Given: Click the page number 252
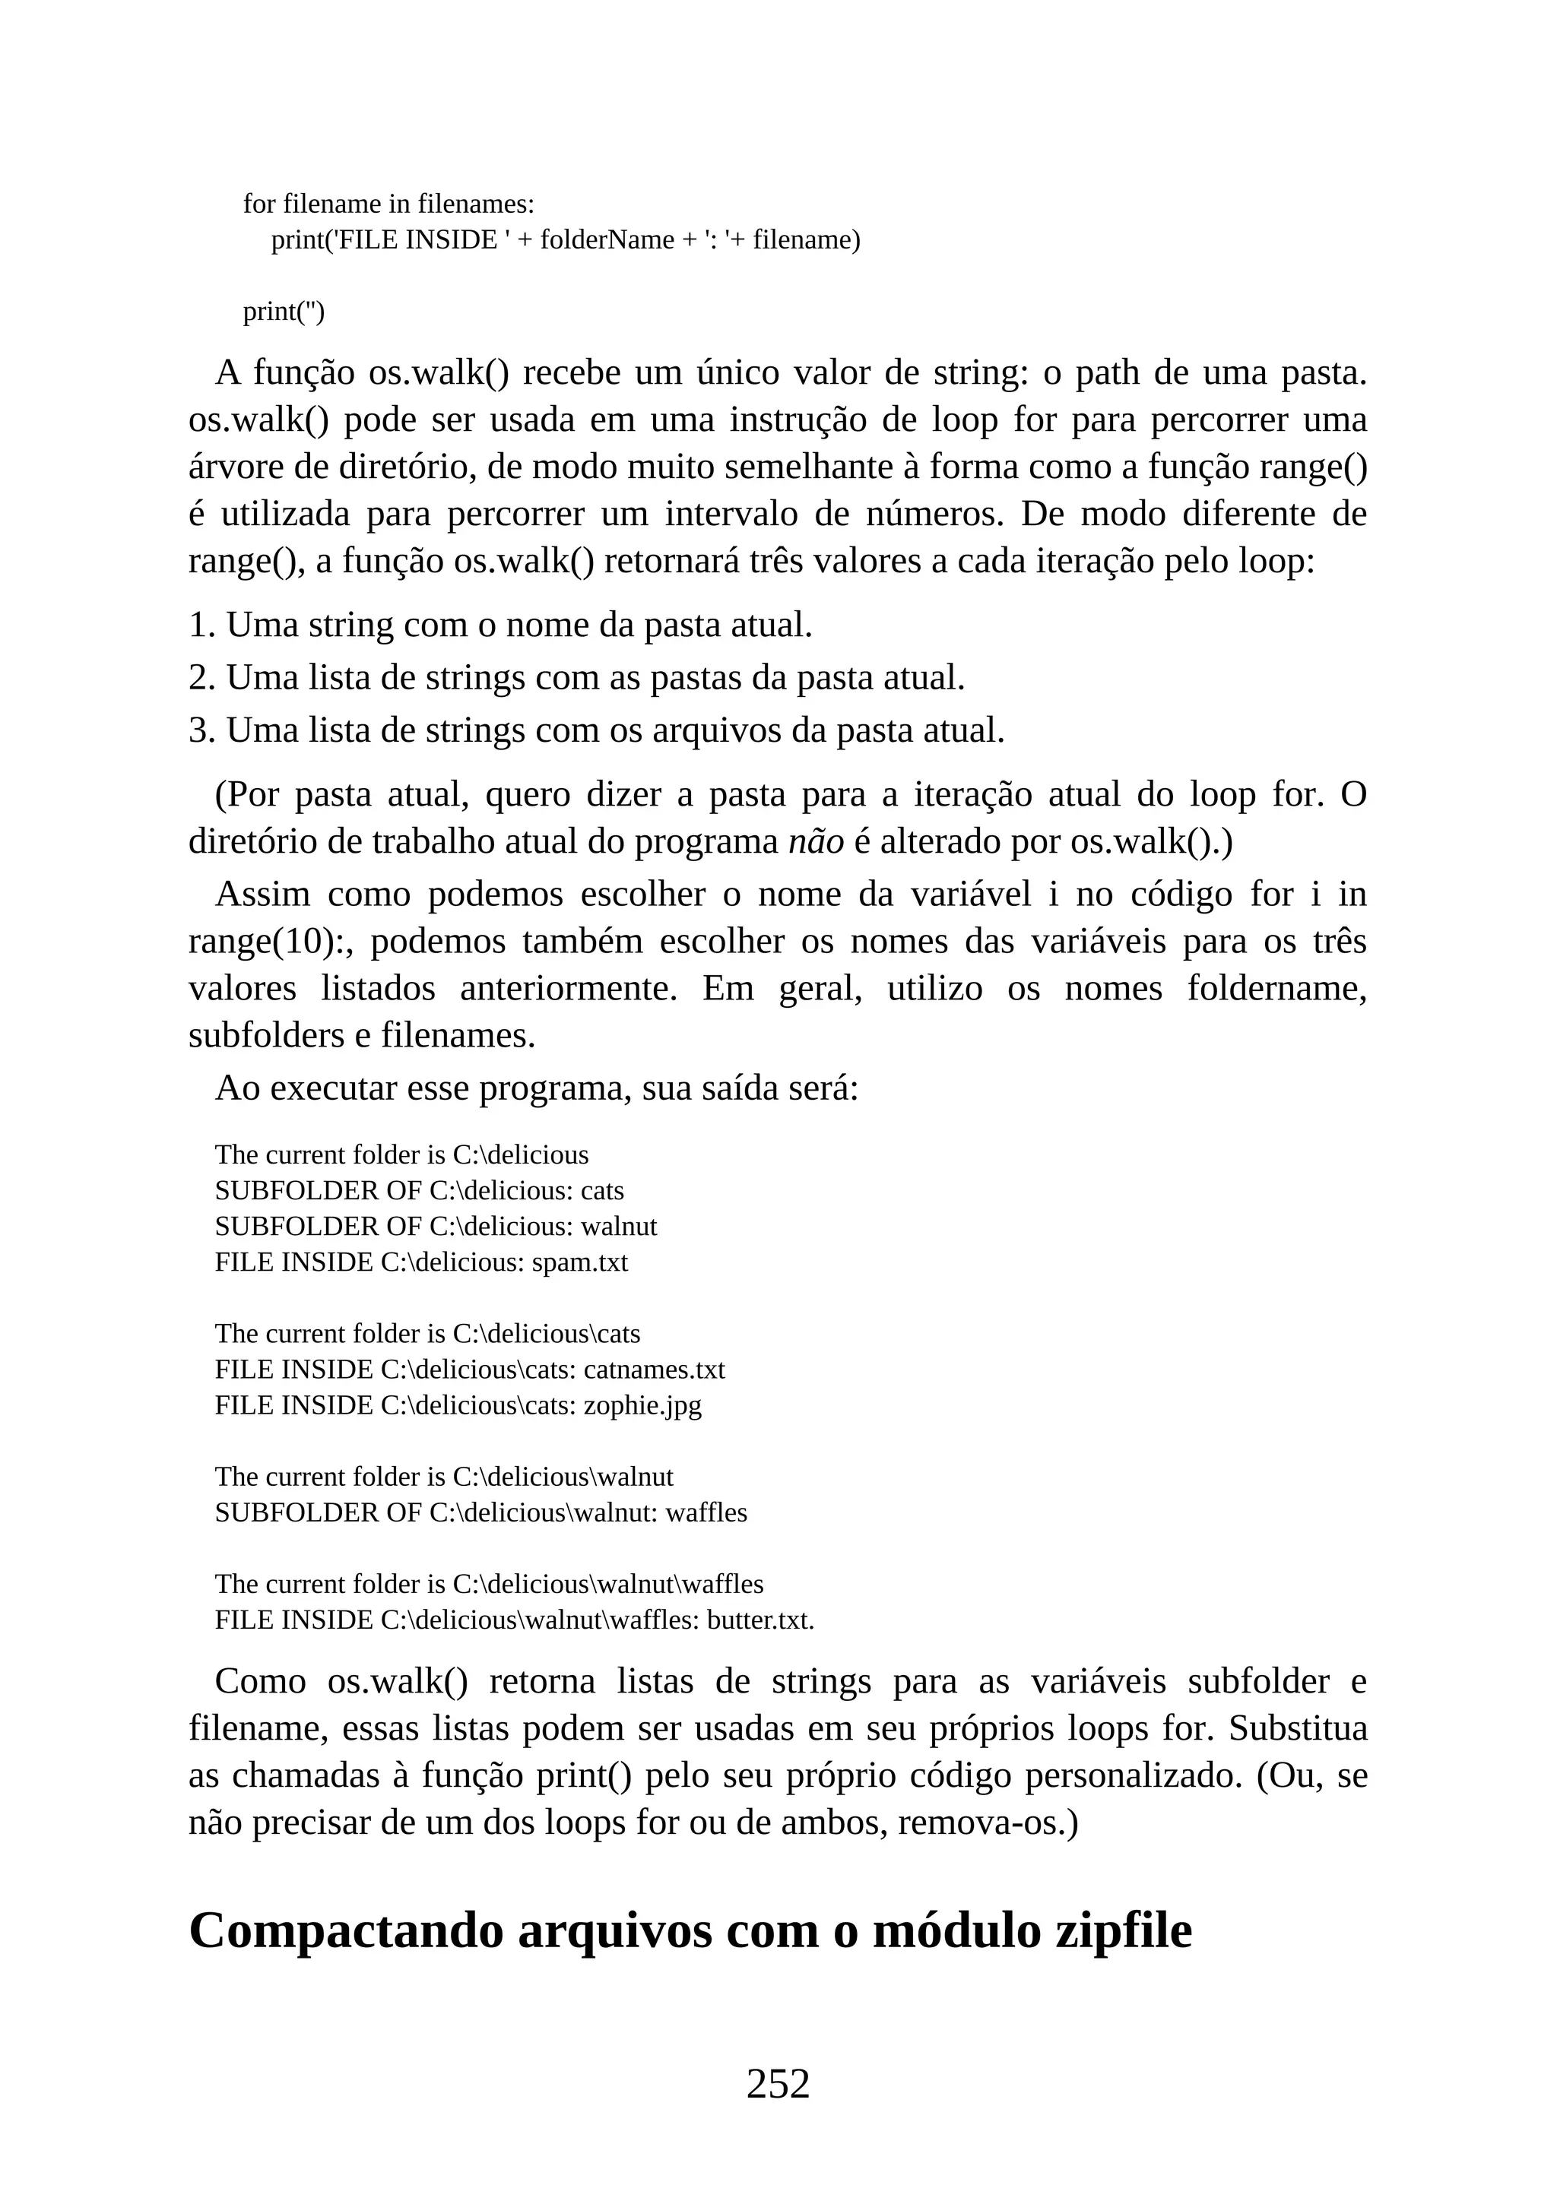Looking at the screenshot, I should click(778, 2084).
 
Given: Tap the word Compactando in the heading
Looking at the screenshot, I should click(345, 1930).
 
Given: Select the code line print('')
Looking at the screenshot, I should click(284, 312).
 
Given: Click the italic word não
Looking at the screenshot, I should click(815, 841).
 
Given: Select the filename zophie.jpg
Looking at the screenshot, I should click(642, 1405).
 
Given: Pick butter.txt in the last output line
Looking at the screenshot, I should click(759, 1620).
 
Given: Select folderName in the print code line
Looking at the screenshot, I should click(607, 239).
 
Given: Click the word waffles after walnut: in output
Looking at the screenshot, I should click(706, 1512).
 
